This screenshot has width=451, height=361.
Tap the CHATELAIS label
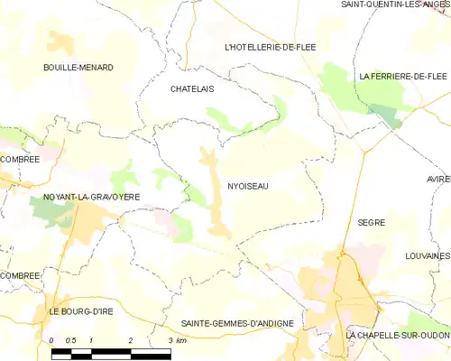point(191,89)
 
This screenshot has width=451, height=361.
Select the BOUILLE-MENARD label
point(77,68)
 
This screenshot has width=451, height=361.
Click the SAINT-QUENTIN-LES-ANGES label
point(394,5)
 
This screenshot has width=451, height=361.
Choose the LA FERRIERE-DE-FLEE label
point(403,77)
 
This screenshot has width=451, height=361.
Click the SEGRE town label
point(371,221)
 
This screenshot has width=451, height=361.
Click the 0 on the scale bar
point(52,339)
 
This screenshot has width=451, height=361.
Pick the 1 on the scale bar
point(92,339)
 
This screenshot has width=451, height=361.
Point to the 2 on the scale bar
point(132,339)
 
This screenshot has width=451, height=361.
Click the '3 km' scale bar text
point(177,339)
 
